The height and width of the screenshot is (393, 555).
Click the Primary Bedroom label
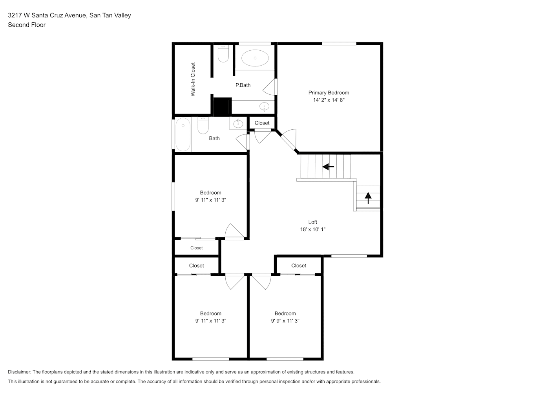(x=329, y=93)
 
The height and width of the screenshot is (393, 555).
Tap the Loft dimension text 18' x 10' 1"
(x=313, y=229)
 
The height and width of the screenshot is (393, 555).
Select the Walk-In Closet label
(x=193, y=79)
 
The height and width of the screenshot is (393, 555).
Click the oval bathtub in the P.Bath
(x=255, y=58)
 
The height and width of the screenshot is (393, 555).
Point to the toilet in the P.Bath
(x=223, y=53)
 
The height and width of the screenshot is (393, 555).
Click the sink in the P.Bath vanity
(x=265, y=107)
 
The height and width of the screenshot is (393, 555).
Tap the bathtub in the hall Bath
(x=183, y=134)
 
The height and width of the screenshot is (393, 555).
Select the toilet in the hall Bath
(x=203, y=125)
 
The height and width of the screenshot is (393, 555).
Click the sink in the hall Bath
(x=238, y=123)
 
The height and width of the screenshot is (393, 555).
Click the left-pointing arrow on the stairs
(x=328, y=167)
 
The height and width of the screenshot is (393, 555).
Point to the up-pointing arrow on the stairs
(x=368, y=198)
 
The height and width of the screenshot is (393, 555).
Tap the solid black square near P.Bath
(x=222, y=106)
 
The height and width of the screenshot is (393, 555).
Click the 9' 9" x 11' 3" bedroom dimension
(x=285, y=321)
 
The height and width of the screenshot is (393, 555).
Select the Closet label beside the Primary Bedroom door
(x=262, y=123)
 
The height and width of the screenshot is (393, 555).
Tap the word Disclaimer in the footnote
(x=19, y=372)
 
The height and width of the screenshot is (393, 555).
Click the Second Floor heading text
(x=27, y=25)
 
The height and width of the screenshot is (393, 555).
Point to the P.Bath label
(x=243, y=85)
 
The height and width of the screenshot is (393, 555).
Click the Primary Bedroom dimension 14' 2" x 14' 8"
(x=329, y=100)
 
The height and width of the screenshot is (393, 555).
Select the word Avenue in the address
(x=75, y=15)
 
